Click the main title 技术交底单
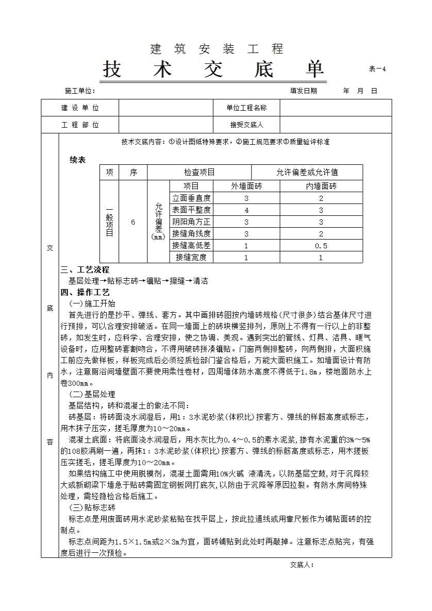click(213, 70)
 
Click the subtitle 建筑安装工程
click(217, 49)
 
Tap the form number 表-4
click(377, 70)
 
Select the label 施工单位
click(80, 91)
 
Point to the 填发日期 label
click(304, 91)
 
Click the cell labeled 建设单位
click(80, 108)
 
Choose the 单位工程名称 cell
click(246, 108)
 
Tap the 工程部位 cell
click(80, 125)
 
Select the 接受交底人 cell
click(246, 125)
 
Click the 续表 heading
click(78, 160)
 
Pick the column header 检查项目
click(200, 173)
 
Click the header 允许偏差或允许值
click(307, 173)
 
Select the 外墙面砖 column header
click(246, 186)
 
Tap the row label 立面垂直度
click(191, 198)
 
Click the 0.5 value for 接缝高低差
click(321, 246)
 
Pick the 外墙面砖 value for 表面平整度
click(246, 210)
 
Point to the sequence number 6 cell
click(133, 222)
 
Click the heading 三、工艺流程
click(85, 270)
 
